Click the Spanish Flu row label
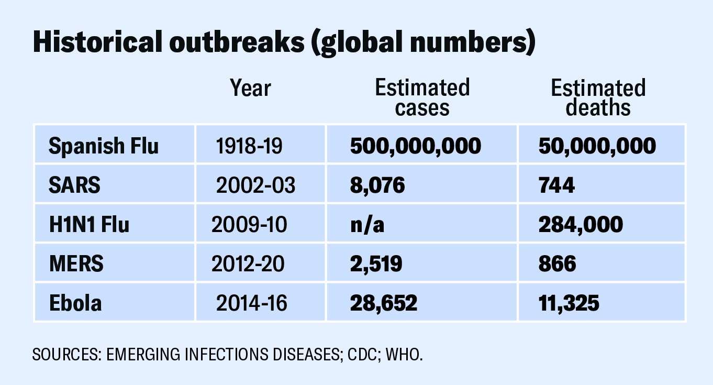(x=103, y=146)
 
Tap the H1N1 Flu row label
(x=88, y=225)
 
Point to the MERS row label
(x=76, y=263)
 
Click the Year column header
(x=251, y=89)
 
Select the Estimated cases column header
(x=422, y=97)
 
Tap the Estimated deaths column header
(x=598, y=97)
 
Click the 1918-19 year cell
(x=249, y=146)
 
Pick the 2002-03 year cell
(x=255, y=185)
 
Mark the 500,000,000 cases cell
(x=415, y=146)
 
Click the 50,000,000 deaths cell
(x=597, y=146)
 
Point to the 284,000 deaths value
(x=581, y=225)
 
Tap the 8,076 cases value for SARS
(x=377, y=185)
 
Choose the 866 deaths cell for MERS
(x=557, y=263)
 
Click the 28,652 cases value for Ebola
(x=383, y=303)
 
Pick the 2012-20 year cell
(x=248, y=263)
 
